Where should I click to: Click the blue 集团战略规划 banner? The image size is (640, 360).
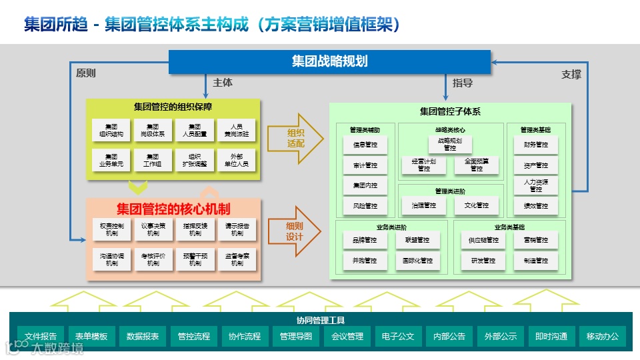329,62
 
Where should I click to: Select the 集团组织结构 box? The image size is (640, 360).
111,130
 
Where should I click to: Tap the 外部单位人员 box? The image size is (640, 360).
237,160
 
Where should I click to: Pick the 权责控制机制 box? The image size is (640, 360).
111,229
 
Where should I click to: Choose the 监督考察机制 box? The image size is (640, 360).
237,259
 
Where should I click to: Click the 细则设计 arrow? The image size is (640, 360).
294,231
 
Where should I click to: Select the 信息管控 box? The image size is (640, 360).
365,145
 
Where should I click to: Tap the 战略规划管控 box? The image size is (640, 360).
450,144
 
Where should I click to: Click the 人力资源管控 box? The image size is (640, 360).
535,185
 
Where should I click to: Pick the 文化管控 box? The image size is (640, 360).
476,205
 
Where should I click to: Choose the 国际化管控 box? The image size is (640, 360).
417,261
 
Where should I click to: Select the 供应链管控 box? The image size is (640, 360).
483,240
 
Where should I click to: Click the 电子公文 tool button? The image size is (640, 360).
399,337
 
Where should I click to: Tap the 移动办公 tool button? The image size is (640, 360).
603,337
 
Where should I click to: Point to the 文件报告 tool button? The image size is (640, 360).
41,337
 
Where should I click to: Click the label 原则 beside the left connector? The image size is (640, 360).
86,73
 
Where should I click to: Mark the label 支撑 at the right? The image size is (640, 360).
571,75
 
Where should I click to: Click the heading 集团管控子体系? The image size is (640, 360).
450,111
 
